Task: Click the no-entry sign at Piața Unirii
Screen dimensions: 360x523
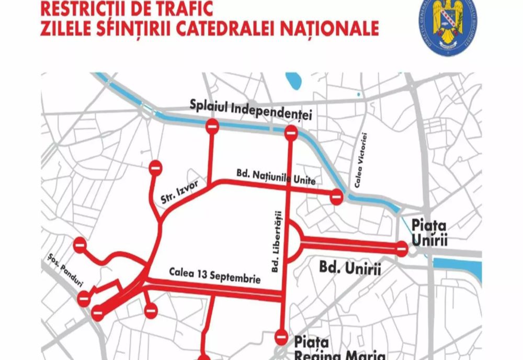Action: pos(402,249)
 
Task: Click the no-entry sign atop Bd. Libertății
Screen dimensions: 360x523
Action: pos(291,133)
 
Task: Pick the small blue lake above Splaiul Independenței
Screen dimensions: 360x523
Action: pos(293,82)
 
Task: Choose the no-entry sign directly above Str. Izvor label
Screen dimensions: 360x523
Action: pos(156,168)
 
